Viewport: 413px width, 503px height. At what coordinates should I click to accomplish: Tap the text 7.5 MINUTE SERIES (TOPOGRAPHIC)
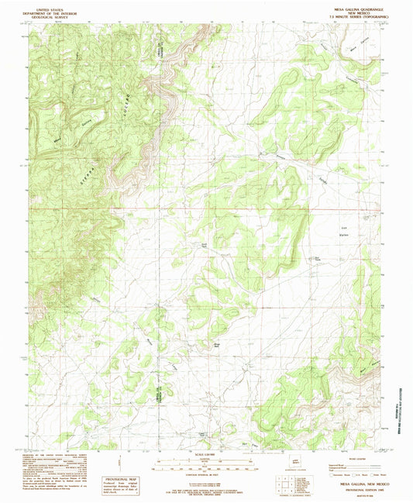point(333,16)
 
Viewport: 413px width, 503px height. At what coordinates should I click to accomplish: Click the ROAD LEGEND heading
point(344,455)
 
